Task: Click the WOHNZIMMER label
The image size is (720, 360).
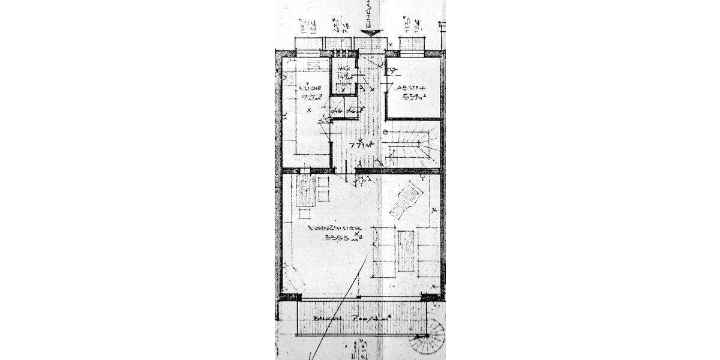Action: click(x=333, y=229)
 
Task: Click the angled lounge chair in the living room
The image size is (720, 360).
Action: click(x=407, y=201)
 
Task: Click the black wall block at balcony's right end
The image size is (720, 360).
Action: click(x=430, y=296)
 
